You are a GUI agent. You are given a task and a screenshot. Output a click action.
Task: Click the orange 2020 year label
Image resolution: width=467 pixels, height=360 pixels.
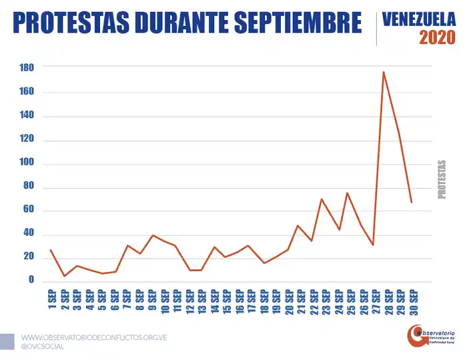[x=437, y=38]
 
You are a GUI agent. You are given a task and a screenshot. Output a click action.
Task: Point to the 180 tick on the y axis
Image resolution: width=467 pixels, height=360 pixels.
[x=27, y=67]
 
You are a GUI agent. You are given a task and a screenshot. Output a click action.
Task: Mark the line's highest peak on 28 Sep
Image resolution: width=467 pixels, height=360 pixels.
[x=384, y=72]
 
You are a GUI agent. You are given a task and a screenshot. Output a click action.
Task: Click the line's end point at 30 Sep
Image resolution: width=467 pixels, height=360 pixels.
[x=412, y=202]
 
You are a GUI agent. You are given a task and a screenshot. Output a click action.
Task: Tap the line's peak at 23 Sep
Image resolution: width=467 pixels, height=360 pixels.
[x=322, y=199]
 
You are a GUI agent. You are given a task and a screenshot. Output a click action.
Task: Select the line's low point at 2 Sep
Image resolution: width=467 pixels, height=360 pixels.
[x=64, y=275]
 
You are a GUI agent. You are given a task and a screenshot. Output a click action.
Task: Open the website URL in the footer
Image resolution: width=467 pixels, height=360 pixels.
[x=93, y=337]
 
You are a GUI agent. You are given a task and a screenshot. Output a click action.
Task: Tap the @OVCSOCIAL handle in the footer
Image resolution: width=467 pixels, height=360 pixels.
[x=44, y=347]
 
